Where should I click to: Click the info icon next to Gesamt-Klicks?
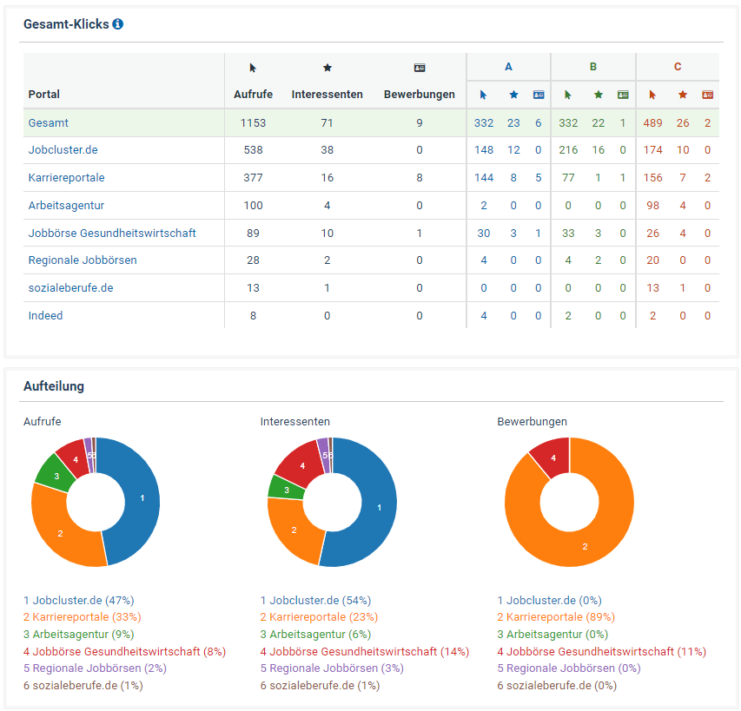[118, 24]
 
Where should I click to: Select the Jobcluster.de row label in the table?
[63, 149]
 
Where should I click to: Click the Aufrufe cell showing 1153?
[253, 122]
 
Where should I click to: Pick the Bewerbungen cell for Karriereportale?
[419, 177]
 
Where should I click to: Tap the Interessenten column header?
[327, 94]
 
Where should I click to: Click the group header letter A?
[508, 67]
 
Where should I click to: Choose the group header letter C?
[678, 67]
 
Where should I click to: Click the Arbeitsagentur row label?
[66, 205]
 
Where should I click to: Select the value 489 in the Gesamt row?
[652, 122]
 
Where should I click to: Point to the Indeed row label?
[45, 315]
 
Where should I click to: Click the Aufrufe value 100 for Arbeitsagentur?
[253, 205]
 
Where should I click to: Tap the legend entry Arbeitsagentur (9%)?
[78, 634]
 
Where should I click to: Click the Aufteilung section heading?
[54, 386]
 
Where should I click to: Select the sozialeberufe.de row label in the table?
[70, 287]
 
